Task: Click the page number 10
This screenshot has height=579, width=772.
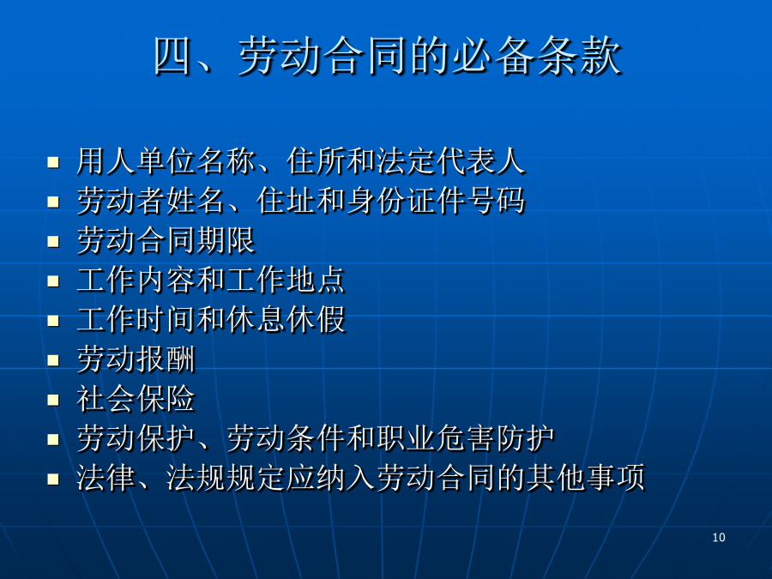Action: (719, 537)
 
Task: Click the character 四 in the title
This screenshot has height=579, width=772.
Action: (172, 56)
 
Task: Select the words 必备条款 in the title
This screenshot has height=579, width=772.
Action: (537, 56)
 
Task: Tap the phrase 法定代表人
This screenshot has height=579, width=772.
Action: (450, 161)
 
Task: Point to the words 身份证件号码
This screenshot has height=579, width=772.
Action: (435, 201)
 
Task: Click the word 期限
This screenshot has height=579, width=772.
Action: (226, 240)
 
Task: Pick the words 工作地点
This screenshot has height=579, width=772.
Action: (285, 280)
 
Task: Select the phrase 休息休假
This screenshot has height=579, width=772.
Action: (285, 320)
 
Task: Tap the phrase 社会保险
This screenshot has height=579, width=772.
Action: (136, 399)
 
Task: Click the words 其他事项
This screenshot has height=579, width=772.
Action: (585, 478)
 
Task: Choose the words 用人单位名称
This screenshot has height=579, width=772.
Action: (166, 161)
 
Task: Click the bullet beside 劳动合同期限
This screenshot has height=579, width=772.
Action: (53, 241)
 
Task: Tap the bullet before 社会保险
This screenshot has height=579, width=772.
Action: (53, 400)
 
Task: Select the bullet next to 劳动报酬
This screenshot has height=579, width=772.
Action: (53, 360)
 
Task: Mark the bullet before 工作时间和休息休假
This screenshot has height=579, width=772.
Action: (53, 321)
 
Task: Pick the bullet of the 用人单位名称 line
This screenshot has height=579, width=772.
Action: (53, 162)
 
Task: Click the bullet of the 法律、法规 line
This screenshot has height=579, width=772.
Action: (53, 479)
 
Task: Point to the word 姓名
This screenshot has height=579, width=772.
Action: (196, 201)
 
